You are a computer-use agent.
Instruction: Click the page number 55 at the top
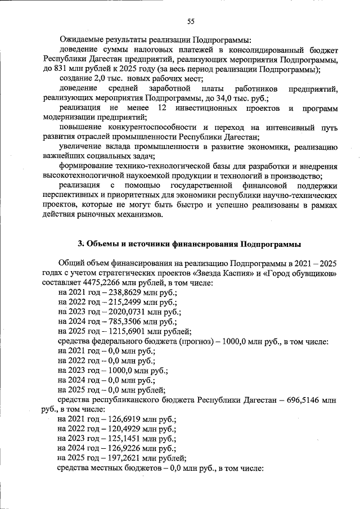pyautogui.click(x=191, y=22)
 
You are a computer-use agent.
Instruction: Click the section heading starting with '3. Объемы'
pyautogui.click(x=189, y=244)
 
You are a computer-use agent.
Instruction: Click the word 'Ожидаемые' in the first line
pyautogui.click(x=80, y=40)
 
